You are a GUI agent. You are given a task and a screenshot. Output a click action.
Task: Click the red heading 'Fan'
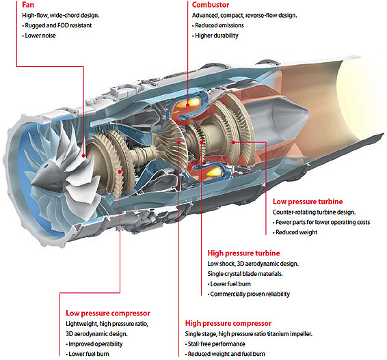28,4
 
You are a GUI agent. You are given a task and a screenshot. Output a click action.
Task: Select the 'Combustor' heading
211,5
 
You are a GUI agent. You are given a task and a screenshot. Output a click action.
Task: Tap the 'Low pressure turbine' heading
308,202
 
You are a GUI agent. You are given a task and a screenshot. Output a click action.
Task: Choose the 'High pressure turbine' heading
243,253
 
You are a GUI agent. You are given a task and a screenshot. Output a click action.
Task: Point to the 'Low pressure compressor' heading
108,313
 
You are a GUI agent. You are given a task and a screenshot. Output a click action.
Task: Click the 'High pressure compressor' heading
228,323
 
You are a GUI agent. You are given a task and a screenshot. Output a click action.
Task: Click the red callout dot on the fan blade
83,156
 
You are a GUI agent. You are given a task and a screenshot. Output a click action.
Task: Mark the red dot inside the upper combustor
188,105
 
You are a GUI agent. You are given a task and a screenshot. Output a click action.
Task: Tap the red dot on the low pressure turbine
233,142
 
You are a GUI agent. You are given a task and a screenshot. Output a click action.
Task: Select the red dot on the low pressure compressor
120,171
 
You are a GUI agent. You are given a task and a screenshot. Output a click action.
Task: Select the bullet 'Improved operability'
95,344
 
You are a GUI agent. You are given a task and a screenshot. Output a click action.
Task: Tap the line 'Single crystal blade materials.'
245,274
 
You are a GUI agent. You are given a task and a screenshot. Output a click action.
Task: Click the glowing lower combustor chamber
212,171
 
